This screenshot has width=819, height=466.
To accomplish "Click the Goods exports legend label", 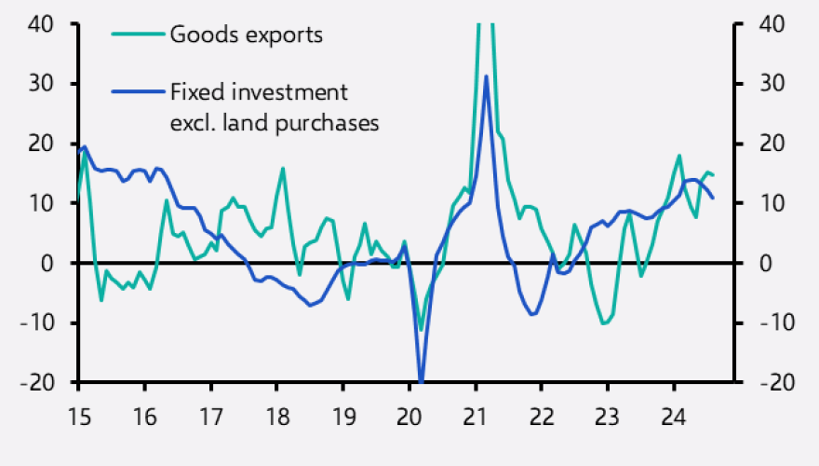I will [246, 35].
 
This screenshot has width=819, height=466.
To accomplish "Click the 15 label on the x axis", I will [78, 413].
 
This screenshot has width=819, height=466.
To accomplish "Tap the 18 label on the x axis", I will [277, 413].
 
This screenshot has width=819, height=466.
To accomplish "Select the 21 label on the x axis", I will [476, 413].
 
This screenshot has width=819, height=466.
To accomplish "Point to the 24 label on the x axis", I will [674, 413].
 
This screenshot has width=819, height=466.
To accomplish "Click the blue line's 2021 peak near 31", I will [487, 76].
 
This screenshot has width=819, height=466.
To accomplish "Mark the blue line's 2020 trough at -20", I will [422, 381].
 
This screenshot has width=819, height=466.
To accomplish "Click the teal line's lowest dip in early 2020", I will [421, 330].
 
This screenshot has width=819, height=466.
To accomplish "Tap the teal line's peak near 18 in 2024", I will [679, 156].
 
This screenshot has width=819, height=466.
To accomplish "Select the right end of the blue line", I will [713, 198].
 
